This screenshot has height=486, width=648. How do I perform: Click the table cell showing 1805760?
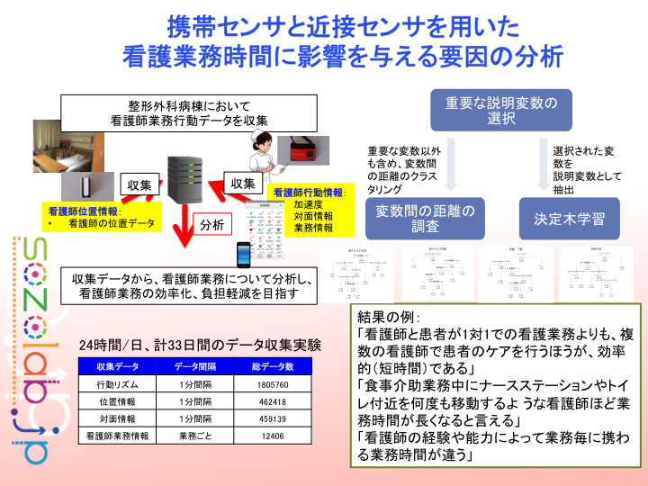click(272, 384)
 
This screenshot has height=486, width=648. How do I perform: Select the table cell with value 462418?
click(272, 402)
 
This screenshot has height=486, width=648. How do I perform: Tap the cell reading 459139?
click(272, 419)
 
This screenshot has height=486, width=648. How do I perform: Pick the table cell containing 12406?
click(272, 436)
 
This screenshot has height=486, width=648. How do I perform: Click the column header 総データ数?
click(272, 367)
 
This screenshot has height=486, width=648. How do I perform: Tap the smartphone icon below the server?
click(243, 249)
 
